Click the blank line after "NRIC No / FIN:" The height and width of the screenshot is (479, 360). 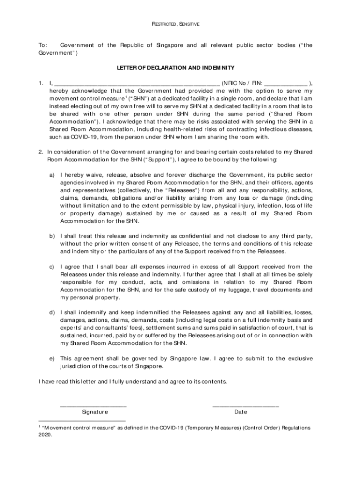(286, 83)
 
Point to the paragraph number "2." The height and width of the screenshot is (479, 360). (41, 152)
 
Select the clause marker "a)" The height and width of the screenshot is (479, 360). (52, 174)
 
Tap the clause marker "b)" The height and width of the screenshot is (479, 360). (52, 236)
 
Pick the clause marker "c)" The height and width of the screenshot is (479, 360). (52, 267)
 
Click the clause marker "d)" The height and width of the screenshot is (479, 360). (52, 312)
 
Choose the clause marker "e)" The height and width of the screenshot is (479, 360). (52, 358)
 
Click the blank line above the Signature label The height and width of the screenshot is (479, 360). (94, 405)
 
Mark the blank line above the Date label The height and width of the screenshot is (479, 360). (245, 405)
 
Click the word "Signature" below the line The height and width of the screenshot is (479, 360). (95, 412)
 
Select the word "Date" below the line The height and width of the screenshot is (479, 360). (241, 412)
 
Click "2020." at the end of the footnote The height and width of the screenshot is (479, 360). (45, 434)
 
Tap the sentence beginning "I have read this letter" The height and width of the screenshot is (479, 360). (133, 381)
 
